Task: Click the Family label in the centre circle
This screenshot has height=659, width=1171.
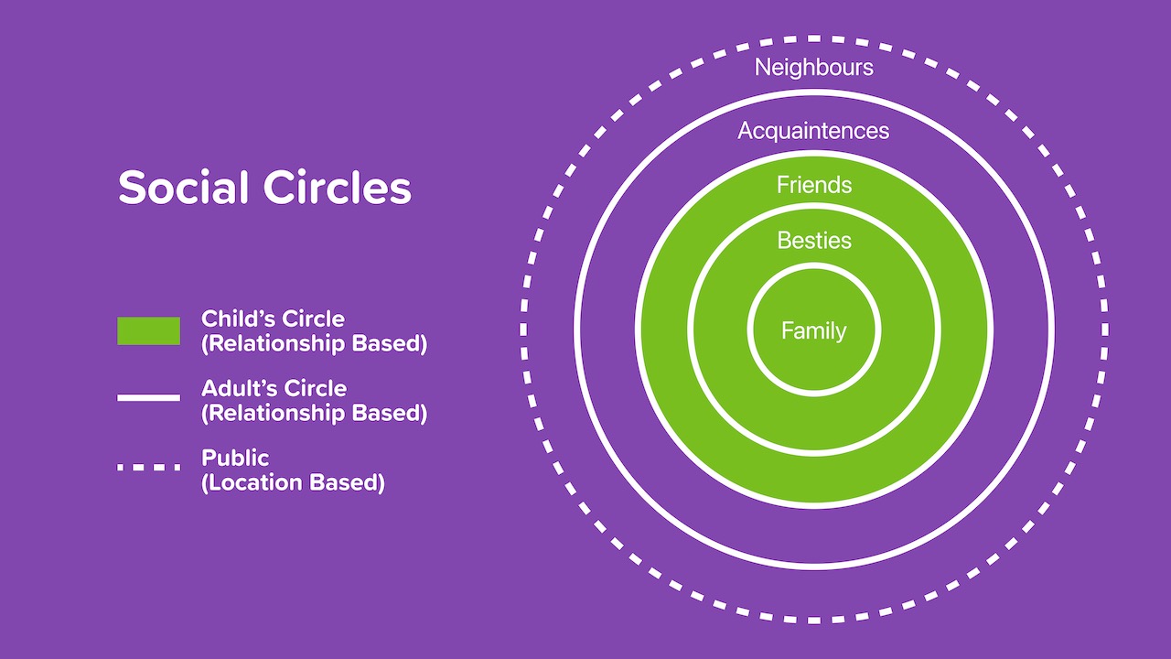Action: (813, 330)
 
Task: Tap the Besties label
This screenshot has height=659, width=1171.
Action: (813, 241)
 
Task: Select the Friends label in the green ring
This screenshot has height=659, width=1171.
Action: (813, 185)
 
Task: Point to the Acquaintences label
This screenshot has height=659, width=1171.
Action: (813, 131)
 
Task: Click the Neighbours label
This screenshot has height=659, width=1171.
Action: (813, 67)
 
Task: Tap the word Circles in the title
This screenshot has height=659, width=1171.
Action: (337, 189)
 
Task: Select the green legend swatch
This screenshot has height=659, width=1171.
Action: (148, 330)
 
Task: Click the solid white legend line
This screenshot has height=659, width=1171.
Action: (148, 398)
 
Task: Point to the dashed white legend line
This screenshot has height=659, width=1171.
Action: (148, 467)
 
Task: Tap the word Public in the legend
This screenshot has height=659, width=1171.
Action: (235, 457)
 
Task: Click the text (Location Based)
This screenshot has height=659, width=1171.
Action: (293, 482)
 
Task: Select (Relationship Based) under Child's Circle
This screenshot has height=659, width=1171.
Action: (314, 344)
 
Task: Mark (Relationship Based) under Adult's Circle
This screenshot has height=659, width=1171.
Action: (314, 413)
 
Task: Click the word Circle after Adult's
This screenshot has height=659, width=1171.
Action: (316, 388)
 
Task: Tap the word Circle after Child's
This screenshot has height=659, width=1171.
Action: (314, 319)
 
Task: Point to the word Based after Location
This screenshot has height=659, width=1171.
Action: (350, 482)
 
